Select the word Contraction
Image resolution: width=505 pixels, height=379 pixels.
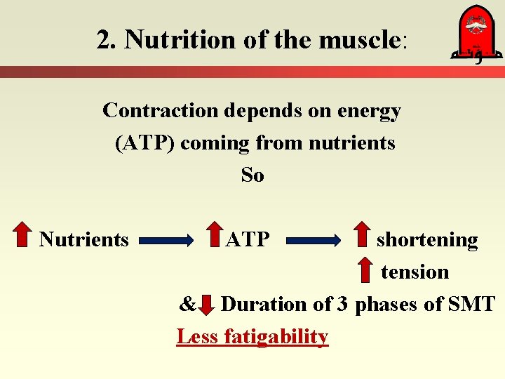(161, 111)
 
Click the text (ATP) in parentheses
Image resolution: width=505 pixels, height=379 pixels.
(145, 143)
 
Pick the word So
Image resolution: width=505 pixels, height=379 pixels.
(252, 175)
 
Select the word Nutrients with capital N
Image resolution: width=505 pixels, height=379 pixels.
(84, 240)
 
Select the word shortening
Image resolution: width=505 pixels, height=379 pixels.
(427, 240)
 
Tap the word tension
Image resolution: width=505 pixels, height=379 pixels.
(415, 272)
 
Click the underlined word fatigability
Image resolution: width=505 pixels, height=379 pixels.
(276, 337)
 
